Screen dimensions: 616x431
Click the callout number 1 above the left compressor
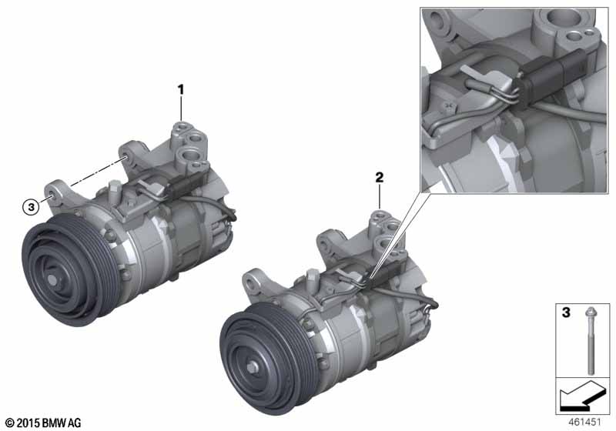(x=181, y=90)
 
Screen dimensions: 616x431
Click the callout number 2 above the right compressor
(x=379, y=178)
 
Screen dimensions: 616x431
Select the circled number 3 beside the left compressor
(x=31, y=206)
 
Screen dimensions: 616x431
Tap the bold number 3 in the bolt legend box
(x=566, y=312)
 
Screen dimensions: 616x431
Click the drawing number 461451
(x=584, y=422)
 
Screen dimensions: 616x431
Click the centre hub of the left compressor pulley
(x=52, y=279)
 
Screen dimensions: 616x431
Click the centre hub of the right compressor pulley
(x=252, y=367)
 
